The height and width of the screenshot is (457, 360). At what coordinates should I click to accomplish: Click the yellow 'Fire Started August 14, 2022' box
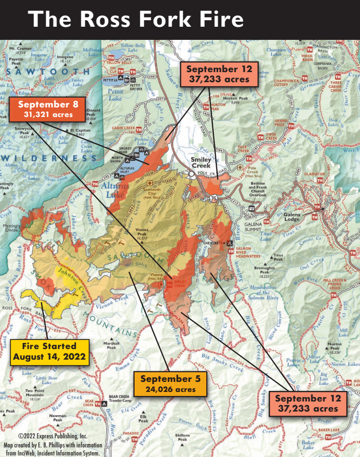(49, 352)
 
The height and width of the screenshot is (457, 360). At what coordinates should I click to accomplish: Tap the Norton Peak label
(335, 350)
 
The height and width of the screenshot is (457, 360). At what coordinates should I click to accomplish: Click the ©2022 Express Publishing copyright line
(53, 435)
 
